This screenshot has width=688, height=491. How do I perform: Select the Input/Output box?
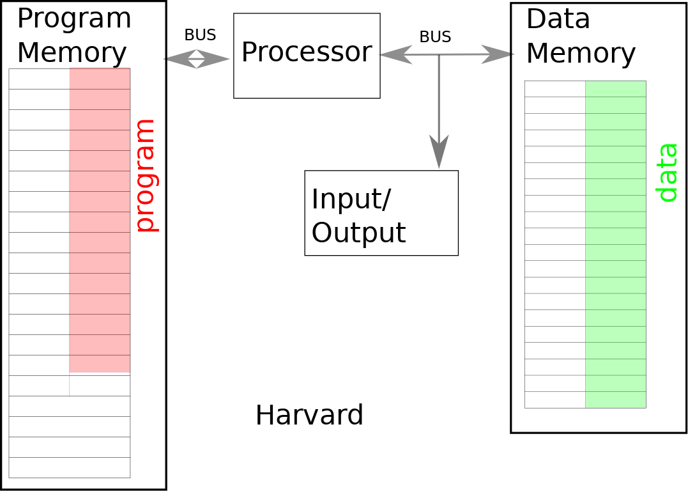click(x=381, y=213)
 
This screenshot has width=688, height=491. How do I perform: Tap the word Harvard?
click(x=309, y=415)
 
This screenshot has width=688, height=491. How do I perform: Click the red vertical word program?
click(x=146, y=175)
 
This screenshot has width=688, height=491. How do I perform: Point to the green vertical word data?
click(x=667, y=173)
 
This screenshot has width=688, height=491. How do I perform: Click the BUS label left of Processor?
click(x=200, y=35)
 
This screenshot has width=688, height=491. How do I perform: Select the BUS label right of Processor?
click(x=435, y=37)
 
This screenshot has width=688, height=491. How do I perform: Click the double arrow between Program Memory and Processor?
click(x=197, y=59)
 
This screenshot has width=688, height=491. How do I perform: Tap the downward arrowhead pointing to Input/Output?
click(x=439, y=152)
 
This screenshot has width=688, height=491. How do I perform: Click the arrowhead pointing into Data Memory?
click(x=498, y=54)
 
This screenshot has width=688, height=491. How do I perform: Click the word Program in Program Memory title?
click(x=73, y=19)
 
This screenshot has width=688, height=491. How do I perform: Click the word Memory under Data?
click(x=581, y=53)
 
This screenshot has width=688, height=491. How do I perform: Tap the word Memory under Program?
click(x=72, y=53)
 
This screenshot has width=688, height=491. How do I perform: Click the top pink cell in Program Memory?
click(x=100, y=78)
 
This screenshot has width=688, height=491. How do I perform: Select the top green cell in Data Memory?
click(x=615, y=89)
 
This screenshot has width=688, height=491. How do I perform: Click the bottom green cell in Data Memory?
click(x=615, y=400)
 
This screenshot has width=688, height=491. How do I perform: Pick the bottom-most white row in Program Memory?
click(x=69, y=467)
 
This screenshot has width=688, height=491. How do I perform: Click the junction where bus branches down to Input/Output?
click(x=439, y=55)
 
